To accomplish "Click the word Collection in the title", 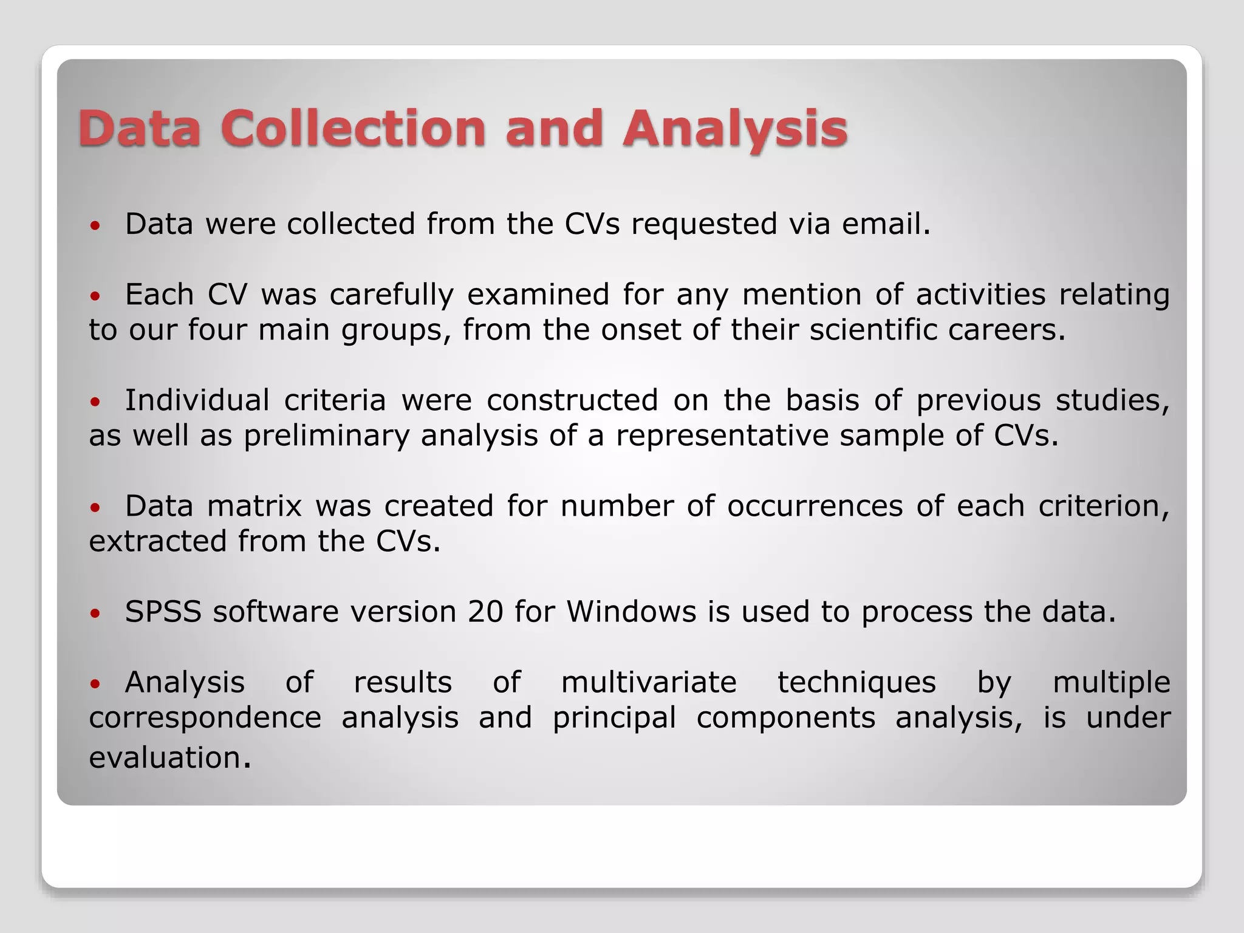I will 353,128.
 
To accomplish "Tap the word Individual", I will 197,400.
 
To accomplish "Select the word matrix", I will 255,506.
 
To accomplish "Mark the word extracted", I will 158,541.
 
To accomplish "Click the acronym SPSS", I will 163,612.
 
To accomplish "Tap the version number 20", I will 485,612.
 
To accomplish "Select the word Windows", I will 631,612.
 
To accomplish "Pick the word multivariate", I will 649,682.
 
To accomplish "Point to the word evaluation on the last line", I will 165,758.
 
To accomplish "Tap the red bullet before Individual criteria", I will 94,402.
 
